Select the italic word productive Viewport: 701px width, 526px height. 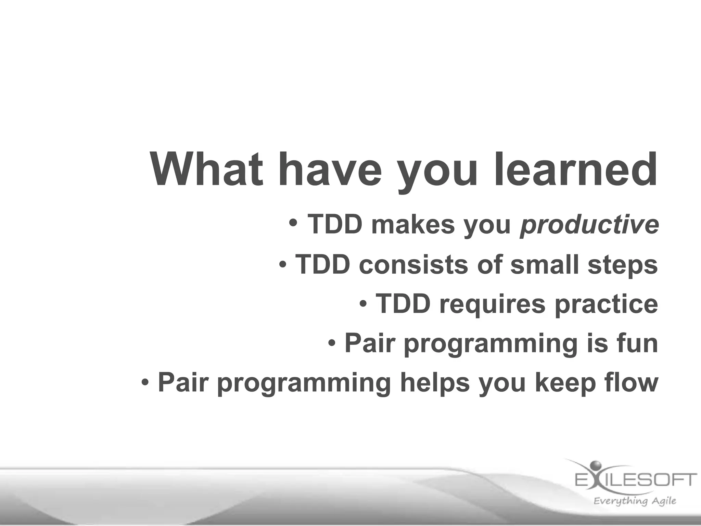tap(589, 225)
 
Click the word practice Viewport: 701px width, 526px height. tap(606, 304)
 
